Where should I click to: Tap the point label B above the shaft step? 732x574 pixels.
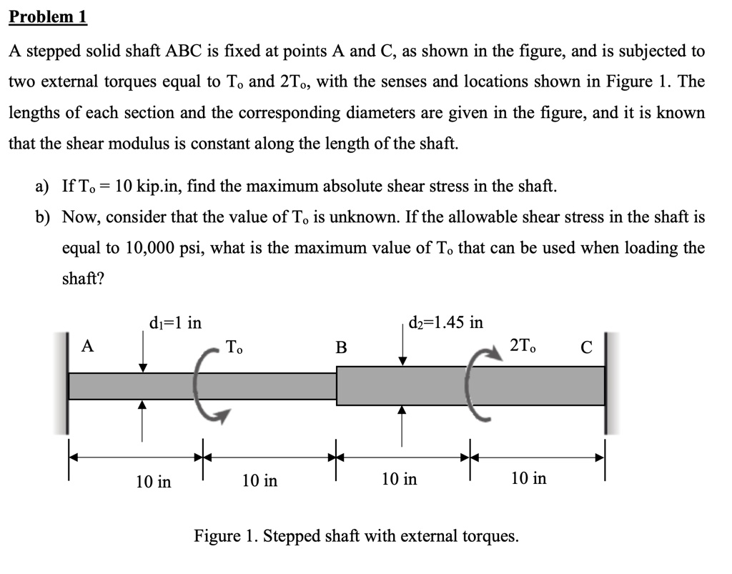[341, 348]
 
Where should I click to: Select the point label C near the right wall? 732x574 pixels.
[586, 348]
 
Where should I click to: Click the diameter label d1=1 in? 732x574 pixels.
[175, 323]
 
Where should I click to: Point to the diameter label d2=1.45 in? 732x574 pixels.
[445, 322]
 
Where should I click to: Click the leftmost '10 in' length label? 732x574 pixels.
[154, 481]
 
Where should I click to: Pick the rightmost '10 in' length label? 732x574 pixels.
[528, 478]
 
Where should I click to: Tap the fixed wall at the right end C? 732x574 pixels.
[608, 383]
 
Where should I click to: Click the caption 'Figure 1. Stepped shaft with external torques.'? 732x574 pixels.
[356, 535]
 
